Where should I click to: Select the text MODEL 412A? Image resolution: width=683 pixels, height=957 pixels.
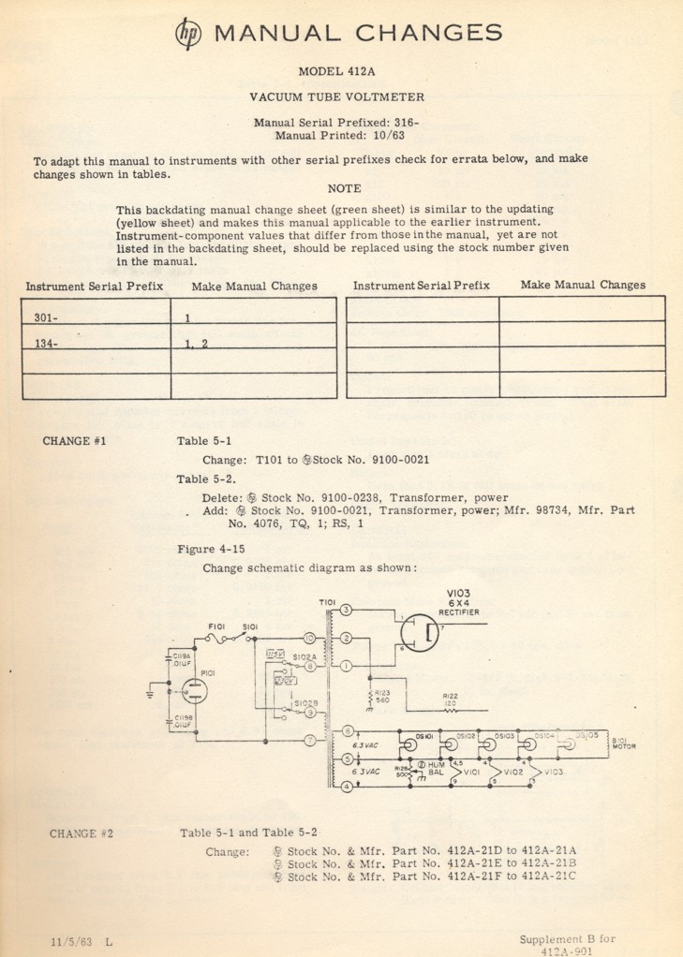tap(340, 71)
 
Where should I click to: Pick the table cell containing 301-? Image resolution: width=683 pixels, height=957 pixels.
tap(96, 317)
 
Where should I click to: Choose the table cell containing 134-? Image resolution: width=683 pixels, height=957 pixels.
tap(96, 343)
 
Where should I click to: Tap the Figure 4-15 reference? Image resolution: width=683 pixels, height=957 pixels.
tap(211, 549)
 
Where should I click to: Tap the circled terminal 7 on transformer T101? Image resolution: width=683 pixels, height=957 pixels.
tap(308, 740)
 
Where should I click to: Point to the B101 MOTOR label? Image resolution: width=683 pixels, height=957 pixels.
tap(624, 743)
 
